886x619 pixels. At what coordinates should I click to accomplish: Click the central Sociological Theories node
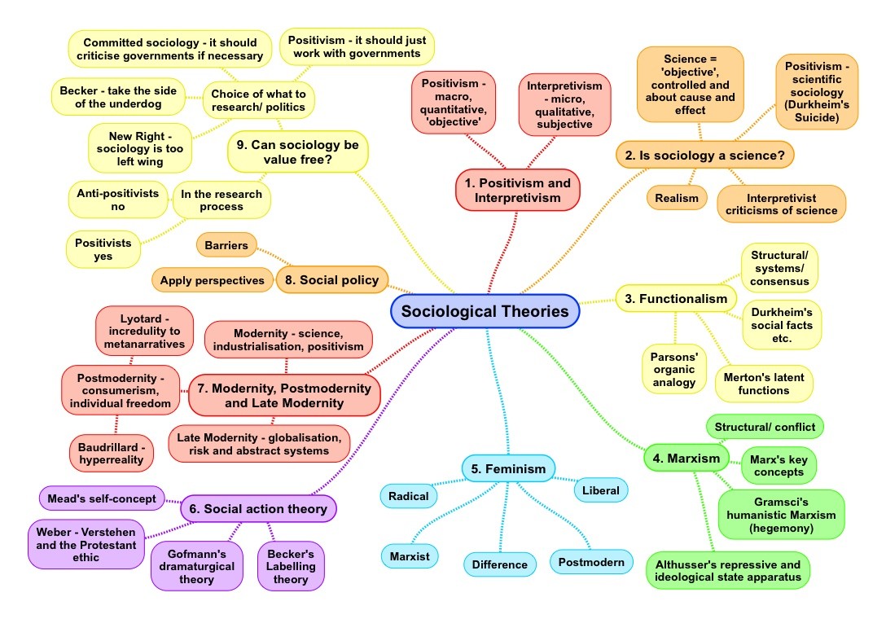(x=485, y=311)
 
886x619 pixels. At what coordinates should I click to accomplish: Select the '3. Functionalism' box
(x=675, y=299)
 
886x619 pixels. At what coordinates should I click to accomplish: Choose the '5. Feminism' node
(x=508, y=468)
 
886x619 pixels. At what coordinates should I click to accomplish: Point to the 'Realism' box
(x=676, y=198)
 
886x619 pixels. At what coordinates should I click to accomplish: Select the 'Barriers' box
(x=226, y=244)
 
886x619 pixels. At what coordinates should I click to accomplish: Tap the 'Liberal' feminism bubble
(x=601, y=490)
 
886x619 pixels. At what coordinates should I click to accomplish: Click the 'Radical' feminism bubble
(x=408, y=495)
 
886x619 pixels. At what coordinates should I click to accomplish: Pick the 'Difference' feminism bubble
(x=500, y=564)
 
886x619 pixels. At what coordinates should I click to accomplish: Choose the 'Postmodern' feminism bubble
(x=591, y=561)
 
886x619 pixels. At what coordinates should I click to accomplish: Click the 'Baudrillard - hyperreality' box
(x=112, y=454)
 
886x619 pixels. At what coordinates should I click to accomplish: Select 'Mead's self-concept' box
(x=102, y=498)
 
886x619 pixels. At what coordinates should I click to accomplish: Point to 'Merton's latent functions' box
(x=763, y=384)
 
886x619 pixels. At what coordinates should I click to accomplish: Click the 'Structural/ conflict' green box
(x=764, y=427)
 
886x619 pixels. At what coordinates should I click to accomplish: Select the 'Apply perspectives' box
(x=212, y=280)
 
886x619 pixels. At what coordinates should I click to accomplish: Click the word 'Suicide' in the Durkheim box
(x=817, y=117)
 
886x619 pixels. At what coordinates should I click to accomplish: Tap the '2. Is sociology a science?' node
(x=704, y=154)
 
